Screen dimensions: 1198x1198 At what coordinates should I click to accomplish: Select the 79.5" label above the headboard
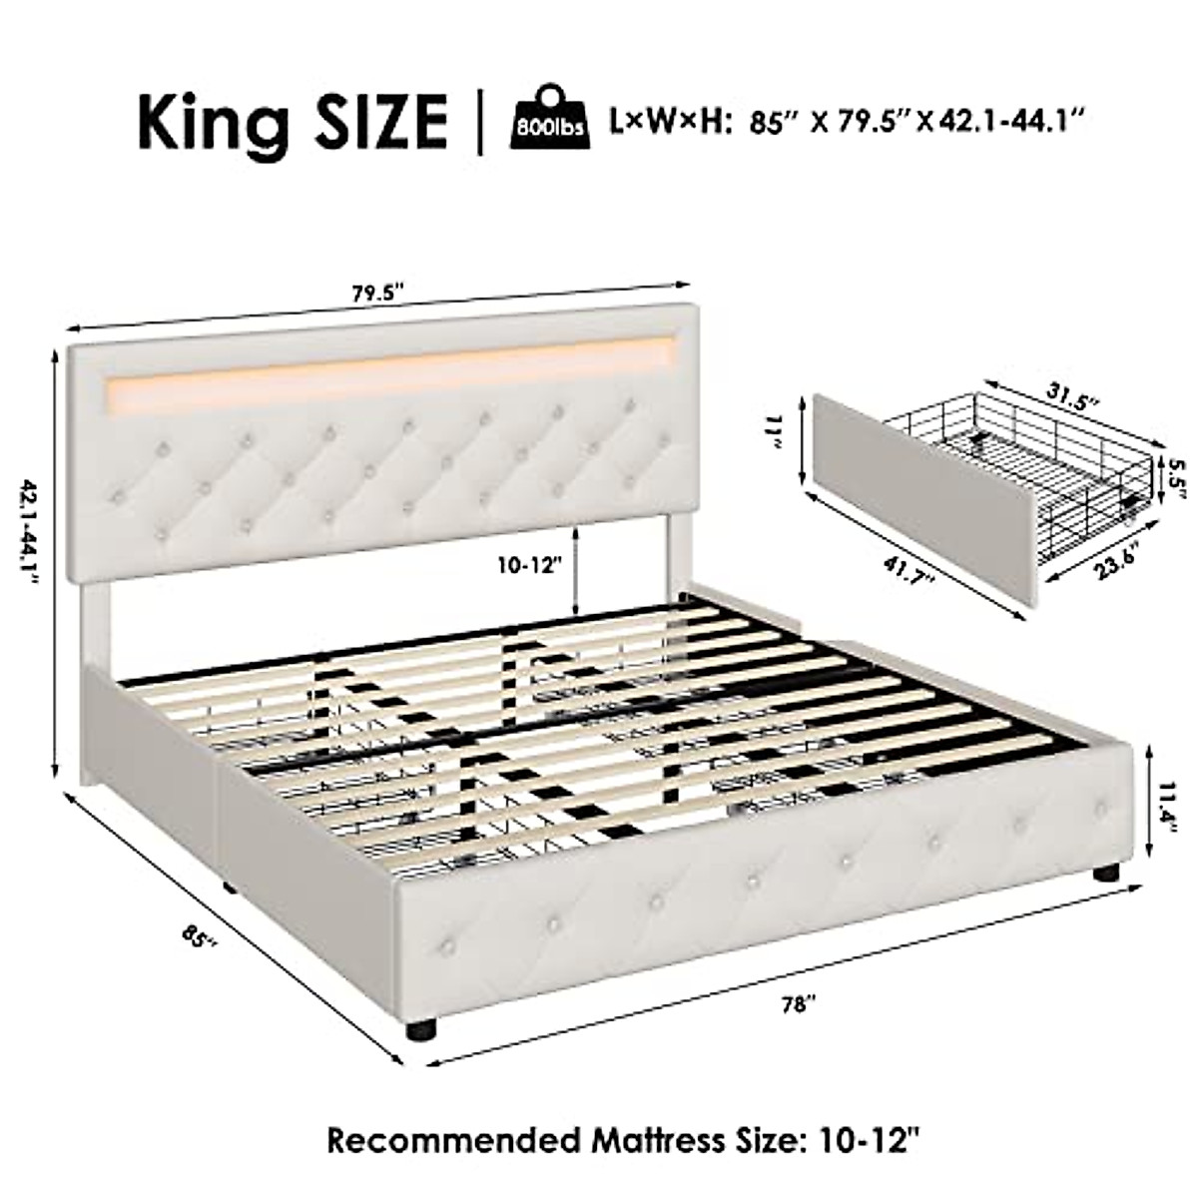click(376, 294)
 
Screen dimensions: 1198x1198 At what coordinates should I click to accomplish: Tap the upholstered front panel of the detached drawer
click(923, 499)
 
